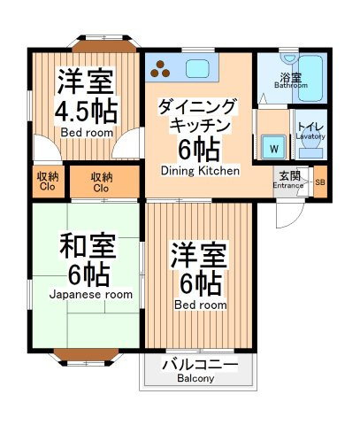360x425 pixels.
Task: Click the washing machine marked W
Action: (274, 147)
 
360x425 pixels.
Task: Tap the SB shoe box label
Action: (320, 182)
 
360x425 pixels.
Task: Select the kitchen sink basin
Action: (197, 69)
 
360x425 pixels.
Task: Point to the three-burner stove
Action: (160, 69)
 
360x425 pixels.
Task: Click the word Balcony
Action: (195, 378)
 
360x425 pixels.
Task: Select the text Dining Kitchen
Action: (200, 171)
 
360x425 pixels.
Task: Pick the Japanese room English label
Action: (91, 295)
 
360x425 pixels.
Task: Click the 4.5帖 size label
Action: (86, 112)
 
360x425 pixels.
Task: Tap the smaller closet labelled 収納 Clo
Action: (48, 182)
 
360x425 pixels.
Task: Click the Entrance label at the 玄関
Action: (288, 186)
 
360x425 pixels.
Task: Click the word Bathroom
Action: (291, 86)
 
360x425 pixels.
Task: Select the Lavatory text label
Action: (310, 136)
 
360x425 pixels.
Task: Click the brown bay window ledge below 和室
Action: (86, 354)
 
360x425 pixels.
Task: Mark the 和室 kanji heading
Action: (88, 246)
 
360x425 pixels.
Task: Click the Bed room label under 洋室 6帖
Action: (201, 305)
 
